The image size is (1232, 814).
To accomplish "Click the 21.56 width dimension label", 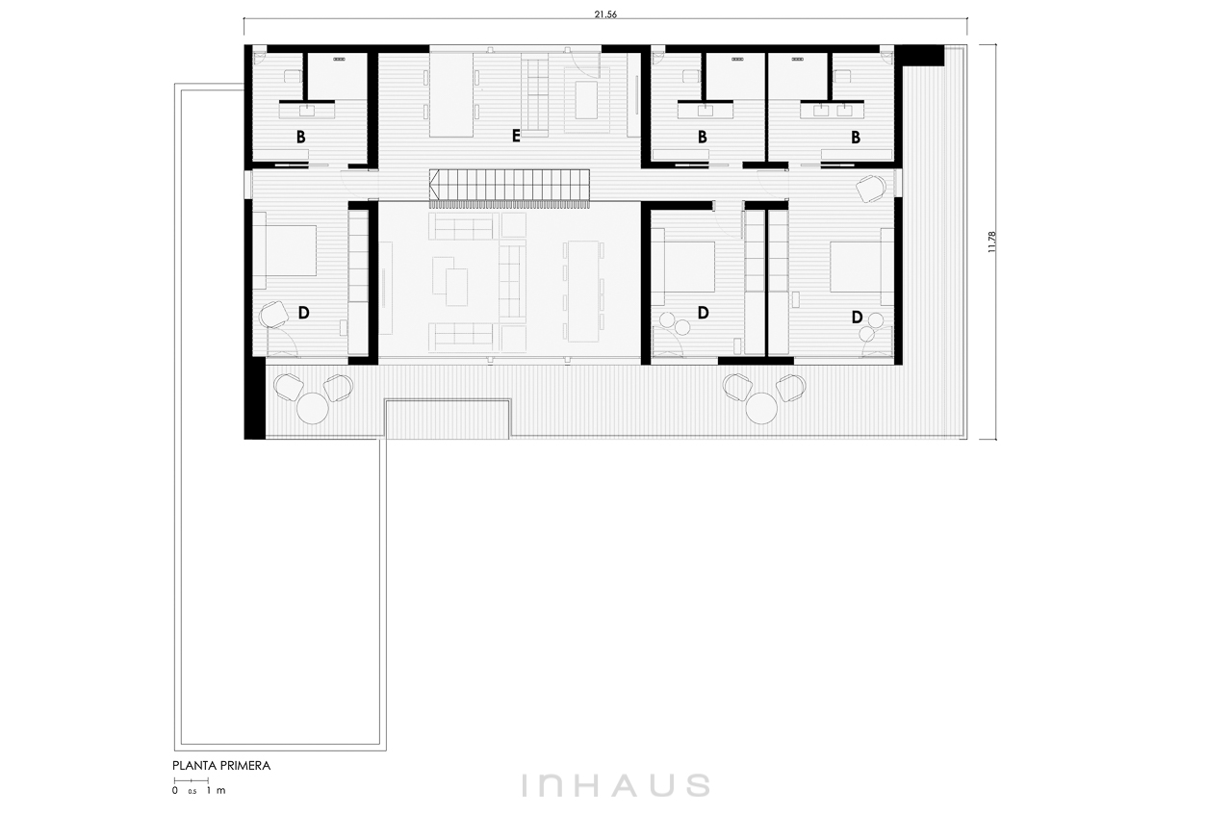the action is (605, 14).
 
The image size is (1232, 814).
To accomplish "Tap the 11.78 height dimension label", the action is (991, 242).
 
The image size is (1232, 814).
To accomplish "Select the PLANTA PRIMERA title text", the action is (221, 766).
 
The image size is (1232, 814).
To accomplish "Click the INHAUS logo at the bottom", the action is (615, 785).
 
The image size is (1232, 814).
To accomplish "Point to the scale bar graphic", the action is (191, 780).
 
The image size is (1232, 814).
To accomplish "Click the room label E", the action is (515, 136).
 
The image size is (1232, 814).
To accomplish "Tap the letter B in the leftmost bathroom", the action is (300, 137).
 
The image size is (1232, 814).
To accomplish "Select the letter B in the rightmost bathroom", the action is (856, 137).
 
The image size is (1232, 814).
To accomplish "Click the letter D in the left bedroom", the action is (303, 313).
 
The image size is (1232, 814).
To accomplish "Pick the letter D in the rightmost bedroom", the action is (857, 317).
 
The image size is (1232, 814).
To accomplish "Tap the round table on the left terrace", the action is (313, 409).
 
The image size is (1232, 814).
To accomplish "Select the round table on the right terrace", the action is (761, 409).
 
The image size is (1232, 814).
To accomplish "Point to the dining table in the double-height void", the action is (583, 291).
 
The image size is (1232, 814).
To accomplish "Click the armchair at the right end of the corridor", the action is (871, 189).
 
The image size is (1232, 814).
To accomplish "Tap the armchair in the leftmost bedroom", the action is (274, 314).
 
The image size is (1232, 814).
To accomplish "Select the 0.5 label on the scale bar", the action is (192, 792).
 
